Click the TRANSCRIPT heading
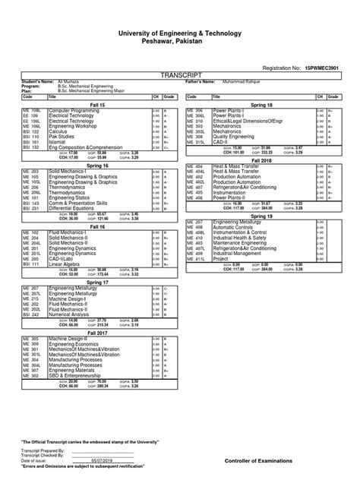(180, 77)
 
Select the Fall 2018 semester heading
(261, 161)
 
